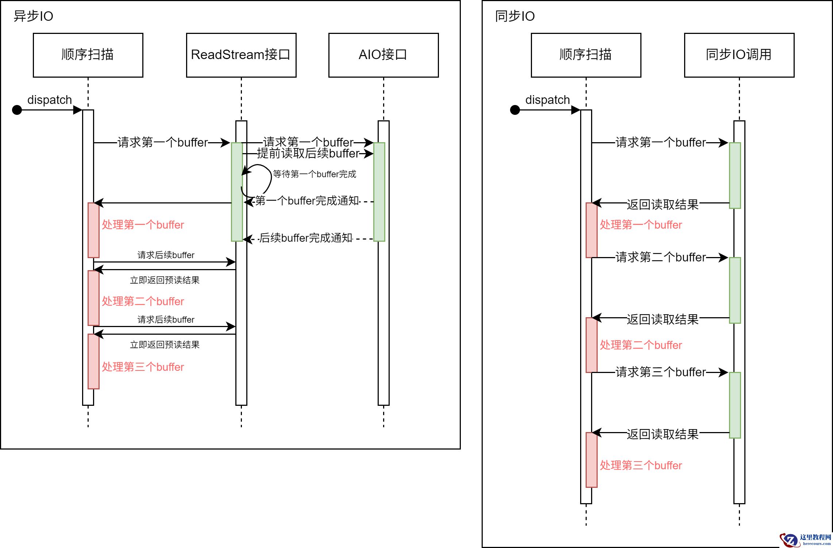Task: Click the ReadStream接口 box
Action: pos(241,55)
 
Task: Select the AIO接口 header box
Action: pos(383,55)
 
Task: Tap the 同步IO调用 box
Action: pos(739,55)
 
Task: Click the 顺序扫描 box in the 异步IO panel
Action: pos(88,55)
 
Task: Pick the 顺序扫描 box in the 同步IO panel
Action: pos(586,55)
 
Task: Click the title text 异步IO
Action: pos(33,16)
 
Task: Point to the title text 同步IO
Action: pos(514,16)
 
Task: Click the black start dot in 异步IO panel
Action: pos(17,110)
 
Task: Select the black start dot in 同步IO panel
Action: pos(515,110)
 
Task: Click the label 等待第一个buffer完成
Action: pos(314,174)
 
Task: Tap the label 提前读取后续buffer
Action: pos(308,153)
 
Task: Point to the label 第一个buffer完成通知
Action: pos(307,201)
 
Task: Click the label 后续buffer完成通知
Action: pos(306,238)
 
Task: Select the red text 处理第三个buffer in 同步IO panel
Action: pos(641,466)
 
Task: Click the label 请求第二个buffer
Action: pos(660,257)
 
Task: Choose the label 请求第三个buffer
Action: pos(660,372)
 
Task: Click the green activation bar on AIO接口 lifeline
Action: pos(379,192)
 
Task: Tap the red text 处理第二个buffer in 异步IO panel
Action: pos(143,302)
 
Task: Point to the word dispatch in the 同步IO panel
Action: pos(547,100)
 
